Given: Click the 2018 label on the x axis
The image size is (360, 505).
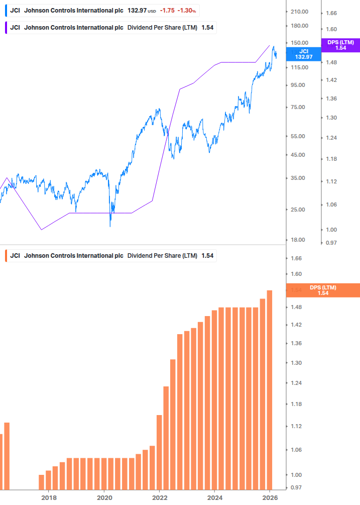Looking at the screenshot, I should click(x=49, y=497).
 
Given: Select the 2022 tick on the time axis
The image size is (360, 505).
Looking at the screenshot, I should click(x=159, y=497).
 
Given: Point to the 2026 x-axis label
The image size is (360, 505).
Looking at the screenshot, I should click(x=270, y=497).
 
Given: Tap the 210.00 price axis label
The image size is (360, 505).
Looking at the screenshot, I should click(x=299, y=12).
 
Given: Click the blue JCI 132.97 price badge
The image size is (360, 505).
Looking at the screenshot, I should click(x=303, y=54).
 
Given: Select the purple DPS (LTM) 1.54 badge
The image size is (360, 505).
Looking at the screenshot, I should click(x=340, y=45).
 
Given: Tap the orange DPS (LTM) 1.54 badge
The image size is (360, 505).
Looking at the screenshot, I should click(x=323, y=290).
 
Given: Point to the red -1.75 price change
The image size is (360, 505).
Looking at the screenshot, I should click(x=167, y=10).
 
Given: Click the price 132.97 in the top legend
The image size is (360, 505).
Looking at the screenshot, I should click(x=136, y=10).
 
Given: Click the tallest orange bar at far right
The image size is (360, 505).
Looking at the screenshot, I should click(x=270, y=389).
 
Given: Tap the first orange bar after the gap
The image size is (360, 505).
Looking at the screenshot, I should click(x=42, y=482).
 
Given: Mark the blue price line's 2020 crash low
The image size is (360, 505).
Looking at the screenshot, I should click(x=110, y=226).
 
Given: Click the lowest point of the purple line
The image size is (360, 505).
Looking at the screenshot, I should click(x=42, y=230).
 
